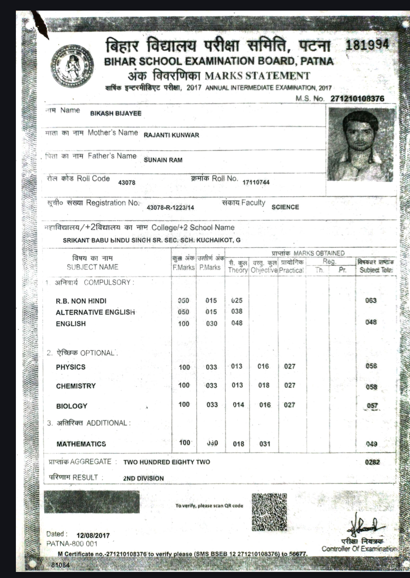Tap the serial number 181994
367,45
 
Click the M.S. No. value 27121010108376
357,99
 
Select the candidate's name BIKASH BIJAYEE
116,113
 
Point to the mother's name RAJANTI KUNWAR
171,135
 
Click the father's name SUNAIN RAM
163,160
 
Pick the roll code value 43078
127,182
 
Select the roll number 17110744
256,182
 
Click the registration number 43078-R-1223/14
170,207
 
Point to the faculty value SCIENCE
285,207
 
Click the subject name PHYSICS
71,367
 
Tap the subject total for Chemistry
371,387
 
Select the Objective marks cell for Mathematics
265,444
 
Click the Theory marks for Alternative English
237,312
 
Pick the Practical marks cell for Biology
289,405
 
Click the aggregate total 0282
372,462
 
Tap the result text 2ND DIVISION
143,478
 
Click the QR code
269,511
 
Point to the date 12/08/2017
93,536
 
